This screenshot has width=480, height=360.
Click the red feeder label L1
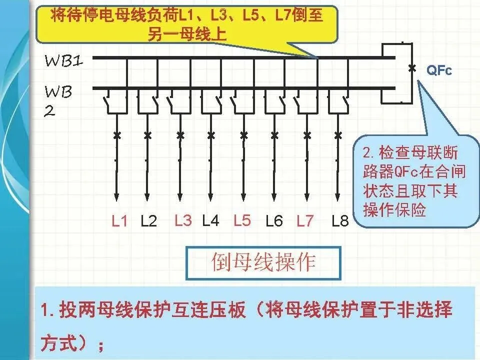(x=119, y=221)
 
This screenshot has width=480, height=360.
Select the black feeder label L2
(x=149, y=221)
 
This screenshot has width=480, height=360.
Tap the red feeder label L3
(x=183, y=220)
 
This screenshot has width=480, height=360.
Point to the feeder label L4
(x=210, y=220)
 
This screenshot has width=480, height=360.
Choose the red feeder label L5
(x=242, y=220)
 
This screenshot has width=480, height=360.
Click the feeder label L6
(x=274, y=221)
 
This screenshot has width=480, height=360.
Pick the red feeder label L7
(x=305, y=221)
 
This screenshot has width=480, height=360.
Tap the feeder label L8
(x=340, y=221)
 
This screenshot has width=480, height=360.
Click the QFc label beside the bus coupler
(x=439, y=70)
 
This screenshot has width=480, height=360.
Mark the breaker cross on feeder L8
(x=337, y=135)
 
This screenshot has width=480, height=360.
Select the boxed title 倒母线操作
(x=263, y=262)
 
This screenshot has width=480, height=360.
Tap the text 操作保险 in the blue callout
(x=394, y=210)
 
